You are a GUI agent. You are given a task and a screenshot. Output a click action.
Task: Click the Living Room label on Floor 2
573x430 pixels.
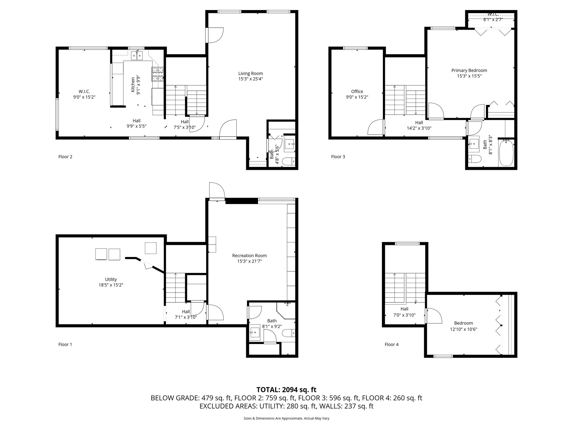[250, 74]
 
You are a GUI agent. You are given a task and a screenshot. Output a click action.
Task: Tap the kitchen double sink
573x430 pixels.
[137, 56]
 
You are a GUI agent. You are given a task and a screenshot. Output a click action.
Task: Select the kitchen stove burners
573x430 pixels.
[158, 74]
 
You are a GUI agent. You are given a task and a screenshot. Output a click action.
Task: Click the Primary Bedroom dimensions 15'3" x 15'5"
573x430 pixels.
[469, 76]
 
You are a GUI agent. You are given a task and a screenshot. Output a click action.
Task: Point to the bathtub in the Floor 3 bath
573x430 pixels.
[506, 153]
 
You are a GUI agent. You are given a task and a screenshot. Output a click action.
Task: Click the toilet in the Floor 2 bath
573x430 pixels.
[288, 161]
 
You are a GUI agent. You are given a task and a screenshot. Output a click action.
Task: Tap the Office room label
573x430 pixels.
[357, 92]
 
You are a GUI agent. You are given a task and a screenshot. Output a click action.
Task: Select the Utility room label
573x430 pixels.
[111, 279]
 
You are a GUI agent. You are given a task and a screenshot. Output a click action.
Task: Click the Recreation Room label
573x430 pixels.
[249, 256]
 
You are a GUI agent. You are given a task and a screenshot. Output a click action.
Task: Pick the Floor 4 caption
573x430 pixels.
[391, 345]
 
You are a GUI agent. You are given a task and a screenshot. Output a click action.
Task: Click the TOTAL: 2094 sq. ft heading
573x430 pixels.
[286, 390]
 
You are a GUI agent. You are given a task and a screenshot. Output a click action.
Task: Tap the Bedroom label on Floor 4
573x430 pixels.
[463, 323]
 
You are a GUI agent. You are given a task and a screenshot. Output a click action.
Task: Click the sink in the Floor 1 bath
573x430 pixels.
[255, 333]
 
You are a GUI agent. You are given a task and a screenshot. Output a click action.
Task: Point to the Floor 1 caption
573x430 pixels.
[65, 345]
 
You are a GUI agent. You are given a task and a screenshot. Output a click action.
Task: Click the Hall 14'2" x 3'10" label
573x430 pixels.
[419, 125]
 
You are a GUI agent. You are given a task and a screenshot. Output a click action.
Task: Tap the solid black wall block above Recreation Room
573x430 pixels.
[241, 201]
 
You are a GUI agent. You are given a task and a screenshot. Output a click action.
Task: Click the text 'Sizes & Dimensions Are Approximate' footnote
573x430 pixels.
[286, 419]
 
